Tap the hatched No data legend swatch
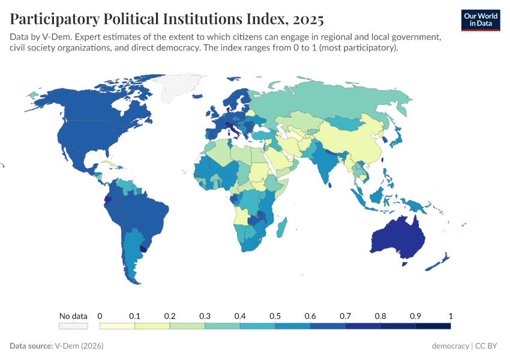click(73, 326)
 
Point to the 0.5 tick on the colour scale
click(275, 316)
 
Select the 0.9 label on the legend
click(415, 316)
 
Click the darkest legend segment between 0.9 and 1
click(433, 326)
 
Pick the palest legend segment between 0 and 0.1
click(117, 326)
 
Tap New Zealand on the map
click(441, 262)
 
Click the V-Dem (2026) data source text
click(79, 346)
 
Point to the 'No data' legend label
click(73, 316)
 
